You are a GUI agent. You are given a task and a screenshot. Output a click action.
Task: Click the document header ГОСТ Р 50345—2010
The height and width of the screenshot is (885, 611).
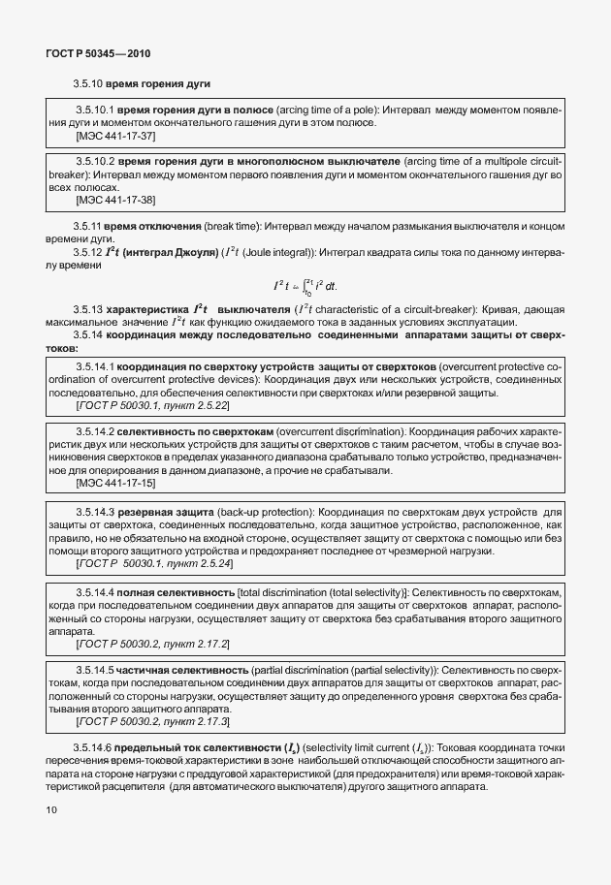[97, 53]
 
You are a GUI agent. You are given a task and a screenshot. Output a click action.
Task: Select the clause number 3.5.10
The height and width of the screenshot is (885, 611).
[88, 84]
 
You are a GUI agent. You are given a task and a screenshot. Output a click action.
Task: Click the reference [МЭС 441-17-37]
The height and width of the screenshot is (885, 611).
[114, 137]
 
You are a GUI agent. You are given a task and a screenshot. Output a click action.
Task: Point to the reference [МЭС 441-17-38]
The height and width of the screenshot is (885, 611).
[114, 200]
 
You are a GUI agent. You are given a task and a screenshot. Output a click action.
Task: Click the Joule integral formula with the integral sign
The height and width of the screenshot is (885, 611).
[304, 286]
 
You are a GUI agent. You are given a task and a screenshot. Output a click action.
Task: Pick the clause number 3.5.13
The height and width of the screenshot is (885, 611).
[88, 309]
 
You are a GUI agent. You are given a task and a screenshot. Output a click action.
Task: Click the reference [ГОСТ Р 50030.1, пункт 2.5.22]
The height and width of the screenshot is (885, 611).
[153, 406]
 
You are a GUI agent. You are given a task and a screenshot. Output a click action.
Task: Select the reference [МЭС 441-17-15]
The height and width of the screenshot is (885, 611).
[114, 482]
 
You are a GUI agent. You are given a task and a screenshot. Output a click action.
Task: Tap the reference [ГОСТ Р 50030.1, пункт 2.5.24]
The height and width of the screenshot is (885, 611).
[153, 563]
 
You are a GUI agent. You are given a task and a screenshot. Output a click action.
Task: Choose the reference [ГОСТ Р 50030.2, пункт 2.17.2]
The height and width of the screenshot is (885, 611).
[153, 644]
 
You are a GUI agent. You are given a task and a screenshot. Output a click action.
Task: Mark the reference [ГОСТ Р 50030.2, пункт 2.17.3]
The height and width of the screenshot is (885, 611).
[153, 722]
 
